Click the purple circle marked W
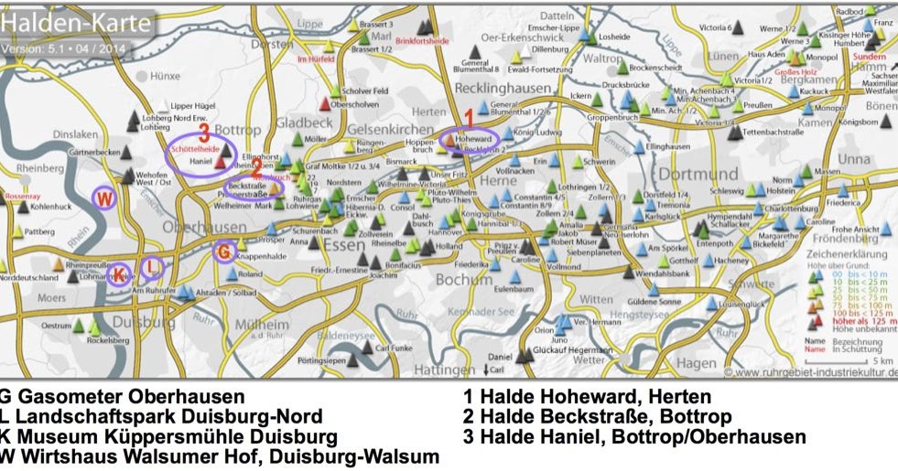105,198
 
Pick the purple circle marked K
119,273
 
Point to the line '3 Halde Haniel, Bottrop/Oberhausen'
635,437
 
